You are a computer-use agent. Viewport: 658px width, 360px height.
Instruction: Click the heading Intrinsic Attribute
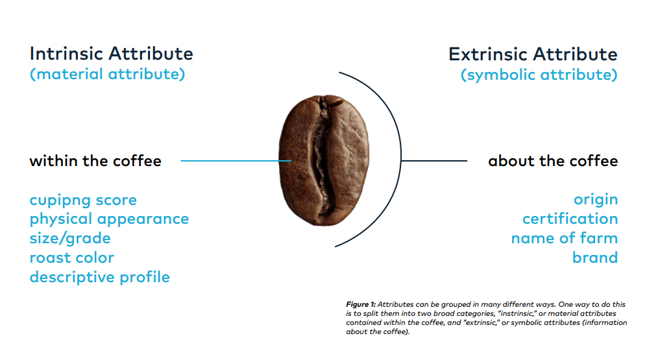click(111, 54)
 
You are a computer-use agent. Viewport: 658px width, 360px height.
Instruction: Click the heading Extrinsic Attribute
click(533, 54)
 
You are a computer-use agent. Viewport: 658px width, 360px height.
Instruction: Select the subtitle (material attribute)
click(108, 74)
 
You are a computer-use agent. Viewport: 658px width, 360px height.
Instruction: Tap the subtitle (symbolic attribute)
click(539, 75)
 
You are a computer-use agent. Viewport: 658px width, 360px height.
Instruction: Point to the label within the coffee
click(95, 161)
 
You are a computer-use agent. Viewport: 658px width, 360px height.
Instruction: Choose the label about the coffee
click(553, 161)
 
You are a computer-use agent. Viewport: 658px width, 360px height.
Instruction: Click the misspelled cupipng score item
click(83, 200)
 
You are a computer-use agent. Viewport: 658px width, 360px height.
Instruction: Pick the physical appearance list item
click(109, 219)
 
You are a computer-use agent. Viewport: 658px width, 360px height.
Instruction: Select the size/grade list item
click(70, 238)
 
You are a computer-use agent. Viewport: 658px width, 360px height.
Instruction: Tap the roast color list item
click(72, 258)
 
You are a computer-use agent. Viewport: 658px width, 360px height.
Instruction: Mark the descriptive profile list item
click(100, 278)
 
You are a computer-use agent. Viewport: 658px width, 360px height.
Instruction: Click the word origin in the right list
click(596, 200)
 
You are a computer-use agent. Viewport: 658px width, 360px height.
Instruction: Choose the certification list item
click(570, 219)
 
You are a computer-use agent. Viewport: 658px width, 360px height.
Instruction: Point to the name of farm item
click(565, 238)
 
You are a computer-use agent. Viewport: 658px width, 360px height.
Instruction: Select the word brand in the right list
click(595, 258)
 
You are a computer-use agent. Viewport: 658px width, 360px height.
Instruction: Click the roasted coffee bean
click(324, 160)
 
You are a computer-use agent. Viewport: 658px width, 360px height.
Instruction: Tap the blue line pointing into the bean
click(236, 161)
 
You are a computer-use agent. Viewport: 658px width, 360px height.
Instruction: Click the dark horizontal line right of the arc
click(434, 161)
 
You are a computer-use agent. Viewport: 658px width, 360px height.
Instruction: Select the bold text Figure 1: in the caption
click(361, 304)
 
